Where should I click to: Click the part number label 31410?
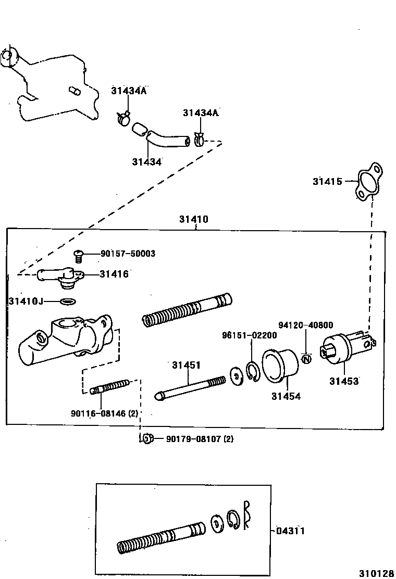pyautogui.click(x=193, y=219)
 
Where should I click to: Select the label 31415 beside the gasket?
pyautogui.click(x=327, y=181)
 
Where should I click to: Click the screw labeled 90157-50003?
pyautogui.click(x=79, y=255)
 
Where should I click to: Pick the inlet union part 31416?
pyautogui.click(x=60, y=276)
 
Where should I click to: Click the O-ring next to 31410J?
pyautogui.click(x=68, y=301)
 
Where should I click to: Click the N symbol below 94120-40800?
pyautogui.click(x=306, y=359)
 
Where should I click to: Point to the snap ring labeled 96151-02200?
pyautogui.click(x=253, y=371)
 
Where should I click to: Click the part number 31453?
pyautogui.click(x=343, y=381)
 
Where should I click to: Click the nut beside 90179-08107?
pyautogui.click(x=147, y=438)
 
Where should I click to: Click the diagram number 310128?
pyautogui.click(x=376, y=573)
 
